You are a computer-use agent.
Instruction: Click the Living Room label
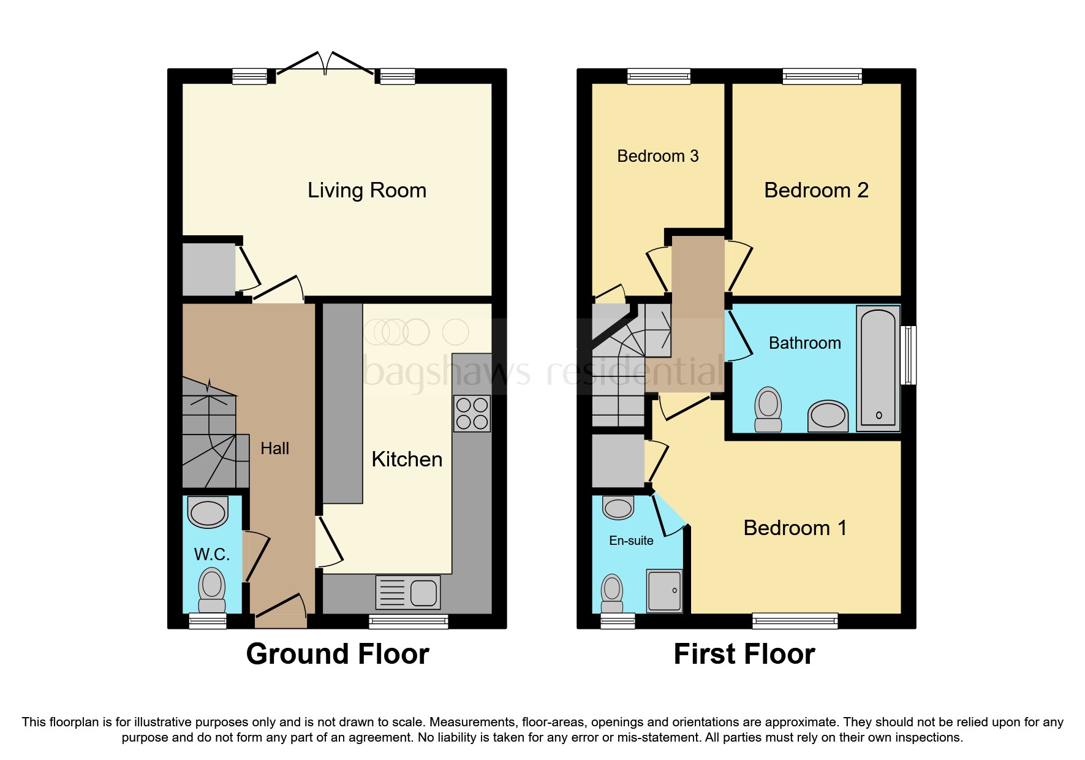[366, 191]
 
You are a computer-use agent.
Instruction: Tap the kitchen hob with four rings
[472, 414]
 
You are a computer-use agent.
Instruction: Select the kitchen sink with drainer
[407, 593]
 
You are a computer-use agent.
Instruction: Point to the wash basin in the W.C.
[208, 512]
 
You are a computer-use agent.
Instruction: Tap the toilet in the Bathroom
[768, 409]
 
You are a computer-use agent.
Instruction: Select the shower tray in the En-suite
[664, 591]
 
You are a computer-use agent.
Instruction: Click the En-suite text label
[631, 541]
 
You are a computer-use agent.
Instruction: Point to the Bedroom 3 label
[657, 156]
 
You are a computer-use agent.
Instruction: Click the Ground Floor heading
[338, 654]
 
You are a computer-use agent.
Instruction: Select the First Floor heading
[744, 654]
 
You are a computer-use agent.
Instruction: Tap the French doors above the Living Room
[325, 65]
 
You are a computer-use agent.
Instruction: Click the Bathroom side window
[909, 355]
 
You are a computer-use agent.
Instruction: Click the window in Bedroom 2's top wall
[822, 77]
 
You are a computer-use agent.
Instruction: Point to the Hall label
[274, 449]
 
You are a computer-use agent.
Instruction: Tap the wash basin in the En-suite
[618, 508]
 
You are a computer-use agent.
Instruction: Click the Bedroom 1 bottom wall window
[795, 621]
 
